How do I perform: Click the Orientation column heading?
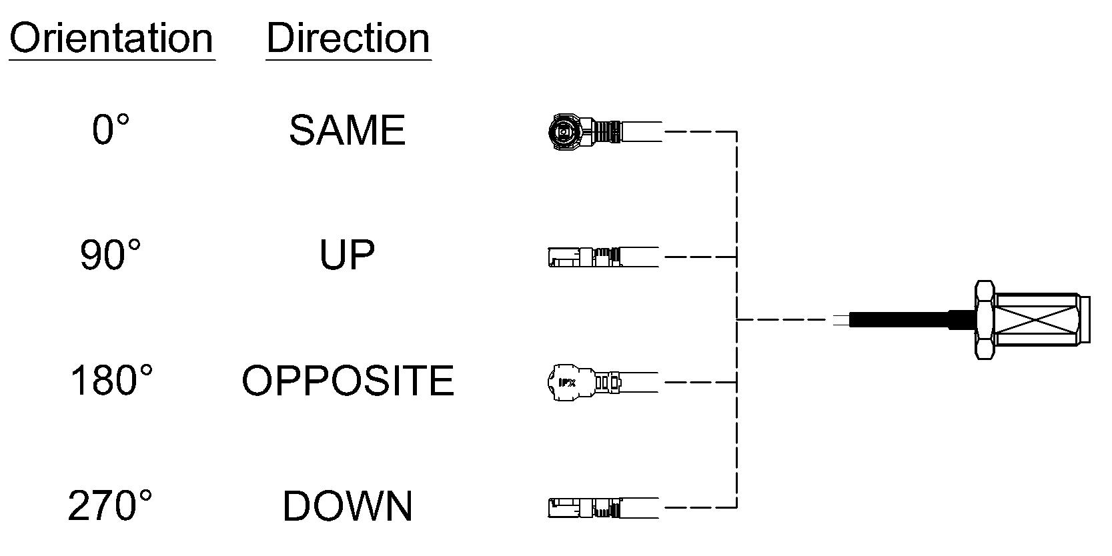[111, 38]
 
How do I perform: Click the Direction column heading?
[348, 38]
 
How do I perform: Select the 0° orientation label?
[110, 129]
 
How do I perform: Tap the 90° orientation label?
[110, 255]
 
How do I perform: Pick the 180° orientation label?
[111, 380]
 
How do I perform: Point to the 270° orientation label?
[109, 505]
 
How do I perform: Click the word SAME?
[347, 130]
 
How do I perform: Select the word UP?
[346, 255]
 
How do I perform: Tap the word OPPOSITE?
[348, 381]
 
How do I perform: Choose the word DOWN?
[348, 506]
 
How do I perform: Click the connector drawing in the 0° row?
[604, 131]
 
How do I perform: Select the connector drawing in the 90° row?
[604, 257]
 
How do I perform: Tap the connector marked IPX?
[602, 383]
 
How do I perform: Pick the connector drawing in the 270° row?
[604, 508]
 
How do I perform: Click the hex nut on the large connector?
[985, 320]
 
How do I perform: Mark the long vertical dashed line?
[736, 319]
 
